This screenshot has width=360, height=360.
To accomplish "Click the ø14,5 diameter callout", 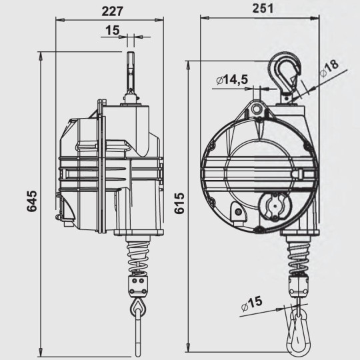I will tap(233, 80).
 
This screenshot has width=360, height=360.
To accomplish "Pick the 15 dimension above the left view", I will tap(113, 29).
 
